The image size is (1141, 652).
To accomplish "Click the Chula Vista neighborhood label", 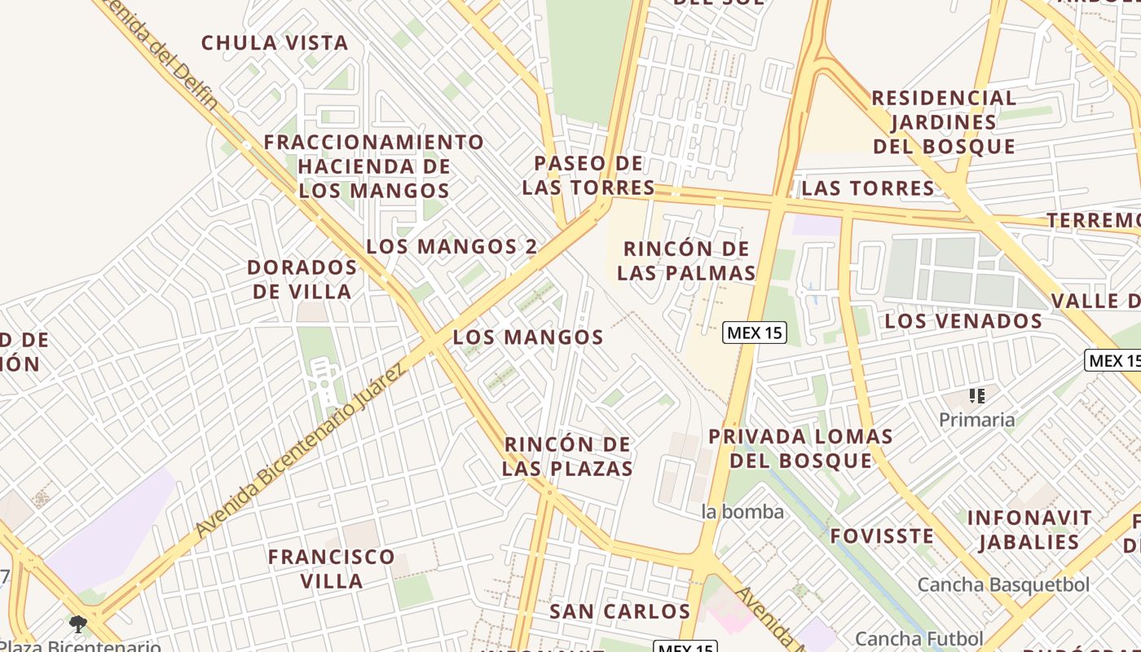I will pos(275,43).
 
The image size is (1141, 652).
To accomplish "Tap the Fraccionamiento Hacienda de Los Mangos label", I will pos(373,166).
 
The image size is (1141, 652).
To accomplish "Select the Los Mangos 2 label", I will pos(452,246).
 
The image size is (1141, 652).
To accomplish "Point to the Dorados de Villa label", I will pos(302,279).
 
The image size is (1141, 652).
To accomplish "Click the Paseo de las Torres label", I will pos(588,175).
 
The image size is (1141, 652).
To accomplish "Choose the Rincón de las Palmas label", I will pos(686,260).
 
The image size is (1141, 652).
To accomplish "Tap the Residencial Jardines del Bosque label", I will pos(944,122).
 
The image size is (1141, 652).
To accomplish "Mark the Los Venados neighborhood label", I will pos(963,321).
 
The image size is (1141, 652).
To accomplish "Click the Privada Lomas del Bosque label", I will pos(800,448).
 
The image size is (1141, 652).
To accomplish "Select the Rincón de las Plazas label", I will pos(567,456).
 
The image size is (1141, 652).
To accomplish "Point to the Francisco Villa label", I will pos(332,569).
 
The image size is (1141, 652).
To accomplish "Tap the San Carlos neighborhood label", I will pos(619,611).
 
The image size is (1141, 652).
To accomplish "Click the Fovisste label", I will pos(882,536).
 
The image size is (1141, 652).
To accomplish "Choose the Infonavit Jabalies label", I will pos(1029,530).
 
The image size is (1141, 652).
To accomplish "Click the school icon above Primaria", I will pos(977,397).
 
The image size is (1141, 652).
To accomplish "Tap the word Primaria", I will pos(976,420).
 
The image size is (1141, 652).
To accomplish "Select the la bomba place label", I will pos(742,512).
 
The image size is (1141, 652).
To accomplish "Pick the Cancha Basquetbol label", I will pos(1003,584).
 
